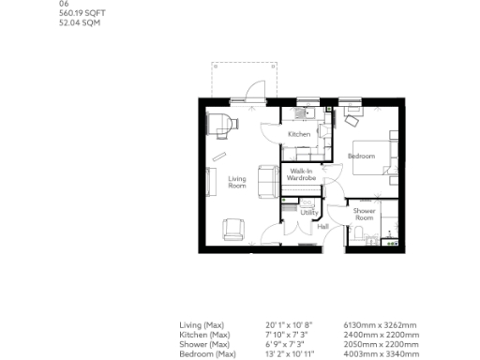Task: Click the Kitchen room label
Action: [298, 135]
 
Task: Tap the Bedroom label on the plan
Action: [362, 156]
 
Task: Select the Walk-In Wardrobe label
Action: [301, 174]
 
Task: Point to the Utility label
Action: [309, 213]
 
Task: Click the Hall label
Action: [322, 227]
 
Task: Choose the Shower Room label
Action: [364, 214]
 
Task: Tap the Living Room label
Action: [237, 182]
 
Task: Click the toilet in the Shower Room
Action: [353, 239]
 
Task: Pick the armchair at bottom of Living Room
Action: [232, 228]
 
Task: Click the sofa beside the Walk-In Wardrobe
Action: [265, 176]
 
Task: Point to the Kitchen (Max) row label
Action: [204, 335]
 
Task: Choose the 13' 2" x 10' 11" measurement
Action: [290, 354]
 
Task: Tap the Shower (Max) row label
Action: [204, 344]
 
